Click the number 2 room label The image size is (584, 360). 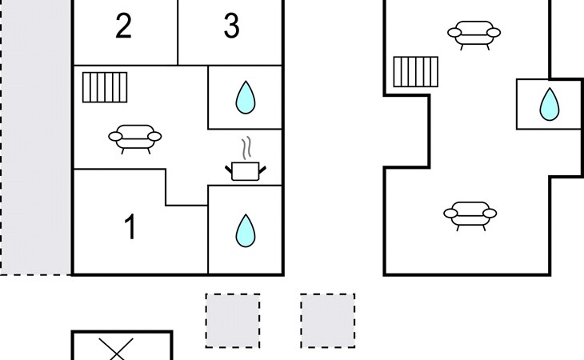click(124, 26)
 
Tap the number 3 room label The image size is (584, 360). click(231, 26)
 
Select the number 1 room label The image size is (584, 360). click(130, 226)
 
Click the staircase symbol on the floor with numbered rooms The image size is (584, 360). click(105, 87)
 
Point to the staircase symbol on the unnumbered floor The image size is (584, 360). click(416, 72)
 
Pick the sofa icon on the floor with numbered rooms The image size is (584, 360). click(135, 139)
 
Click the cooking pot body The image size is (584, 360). click(245, 171)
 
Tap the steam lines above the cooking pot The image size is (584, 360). click(246, 148)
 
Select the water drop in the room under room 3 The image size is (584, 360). click(246, 97)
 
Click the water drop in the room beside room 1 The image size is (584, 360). click(246, 231)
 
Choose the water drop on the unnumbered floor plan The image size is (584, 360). click(550, 104)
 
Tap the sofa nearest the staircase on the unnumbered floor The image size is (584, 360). click(474, 35)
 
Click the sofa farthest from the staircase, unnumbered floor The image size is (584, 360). click(470, 216)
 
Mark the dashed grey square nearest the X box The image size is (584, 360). click(233, 321)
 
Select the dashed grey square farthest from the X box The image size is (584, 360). click(328, 321)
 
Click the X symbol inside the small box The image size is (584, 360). click(116, 350)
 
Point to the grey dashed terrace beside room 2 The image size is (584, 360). click(36, 137)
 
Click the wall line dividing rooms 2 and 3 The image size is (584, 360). click(178, 32)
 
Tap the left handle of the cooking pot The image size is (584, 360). click(228, 170)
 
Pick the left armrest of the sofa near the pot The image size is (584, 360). click(115, 137)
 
